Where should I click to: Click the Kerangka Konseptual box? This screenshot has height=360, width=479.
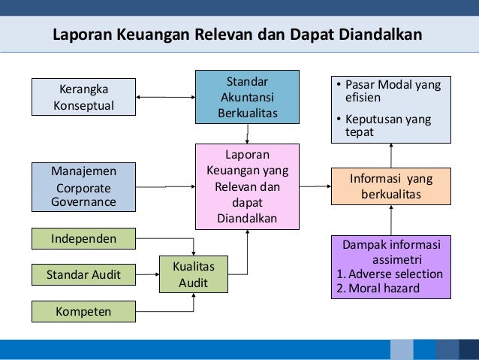click(x=83, y=97)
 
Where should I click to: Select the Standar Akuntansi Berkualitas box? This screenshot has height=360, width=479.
click(x=247, y=97)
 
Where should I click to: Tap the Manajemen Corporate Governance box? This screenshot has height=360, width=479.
click(x=83, y=186)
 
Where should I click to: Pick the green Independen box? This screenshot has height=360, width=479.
click(x=83, y=239)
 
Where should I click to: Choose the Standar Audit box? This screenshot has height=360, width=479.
click(x=83, y=274)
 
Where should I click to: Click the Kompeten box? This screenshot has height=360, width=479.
click(x=83, y=310)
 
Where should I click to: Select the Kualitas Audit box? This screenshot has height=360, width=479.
click(x=194, y=274)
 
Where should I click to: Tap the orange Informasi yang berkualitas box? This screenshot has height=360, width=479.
click(x=391, y=186)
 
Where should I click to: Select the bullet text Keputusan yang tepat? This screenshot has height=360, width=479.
click(x=393, y=126)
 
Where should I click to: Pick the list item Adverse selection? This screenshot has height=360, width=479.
click(x=395, y=274)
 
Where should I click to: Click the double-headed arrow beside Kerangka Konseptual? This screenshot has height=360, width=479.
click(x=165, y=97)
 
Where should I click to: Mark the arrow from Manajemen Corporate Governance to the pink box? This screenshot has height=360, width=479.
click(x=165, y=186)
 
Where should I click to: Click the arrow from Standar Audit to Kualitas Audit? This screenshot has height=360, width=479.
click(x=147, y=274)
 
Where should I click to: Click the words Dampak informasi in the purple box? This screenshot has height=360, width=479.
click(x=391, y=245)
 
